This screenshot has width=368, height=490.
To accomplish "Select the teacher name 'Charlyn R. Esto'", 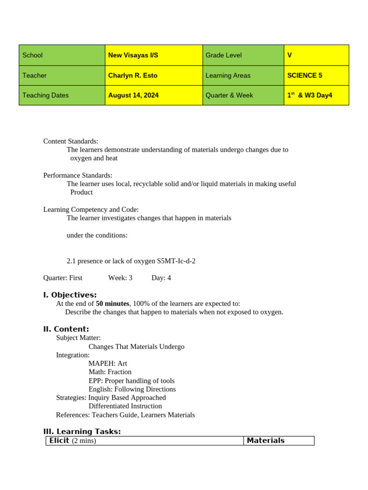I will tap(133, 75).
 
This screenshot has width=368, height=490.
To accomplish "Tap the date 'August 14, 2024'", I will tap(133, 95).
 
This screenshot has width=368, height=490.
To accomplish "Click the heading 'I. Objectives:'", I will tap(70, 295).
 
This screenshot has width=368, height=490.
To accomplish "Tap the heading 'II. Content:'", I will tap(66, 329).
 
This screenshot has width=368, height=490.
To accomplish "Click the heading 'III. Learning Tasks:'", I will tap(82, 431).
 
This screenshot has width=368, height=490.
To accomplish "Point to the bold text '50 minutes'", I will tap(112, 303).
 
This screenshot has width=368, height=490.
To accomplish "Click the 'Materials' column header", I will tap(265, 440).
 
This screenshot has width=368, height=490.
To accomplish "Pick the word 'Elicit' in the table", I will tap(59, 440).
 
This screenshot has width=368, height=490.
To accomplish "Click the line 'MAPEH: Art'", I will tap(108, 363).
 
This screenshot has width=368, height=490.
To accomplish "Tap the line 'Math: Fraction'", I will tap(110, 372).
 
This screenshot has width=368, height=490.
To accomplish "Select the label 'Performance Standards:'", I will tap(78, 175).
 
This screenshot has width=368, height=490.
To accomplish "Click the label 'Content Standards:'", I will tap(70, 141).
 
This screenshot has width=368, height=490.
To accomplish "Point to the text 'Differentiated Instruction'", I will tap(125, 406).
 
